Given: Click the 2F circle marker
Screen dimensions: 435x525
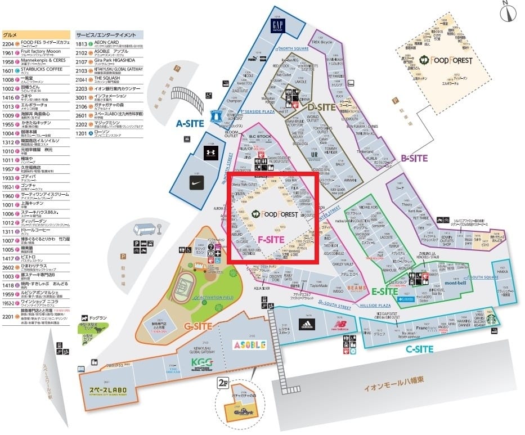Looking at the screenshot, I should pyautogui.click(x=223, y=383).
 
